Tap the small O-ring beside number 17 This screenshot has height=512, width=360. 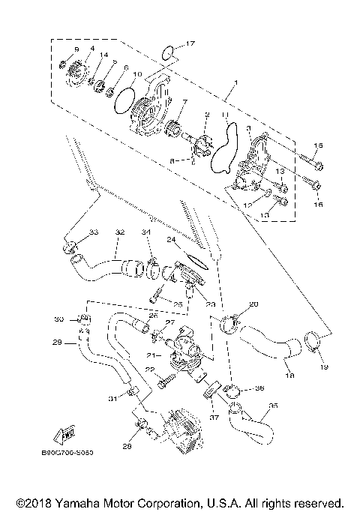point(170,52)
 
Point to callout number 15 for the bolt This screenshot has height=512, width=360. point(316,145)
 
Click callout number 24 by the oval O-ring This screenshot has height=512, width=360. point(171,240)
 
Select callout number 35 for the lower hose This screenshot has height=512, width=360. point(272,406)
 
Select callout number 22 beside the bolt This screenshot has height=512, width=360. point(150,370)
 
